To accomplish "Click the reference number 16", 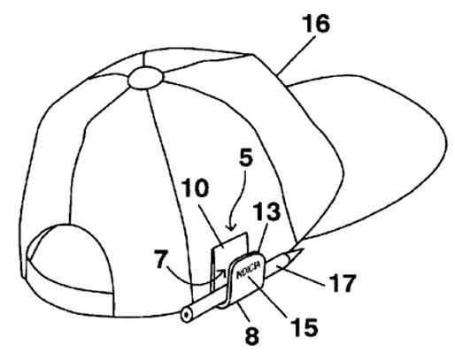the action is pyautogui.click(x=317, y=24).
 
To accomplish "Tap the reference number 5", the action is pyautogui.click(x=246, y=157).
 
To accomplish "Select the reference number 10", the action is pyautogui.click(x=195, y=188).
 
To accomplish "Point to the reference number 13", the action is pyautogui.click(x=267, y=211).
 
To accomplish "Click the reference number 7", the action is pyautogui.click(x=161, y=259).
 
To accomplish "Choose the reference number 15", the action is pyautogui.click(x=305, y=327).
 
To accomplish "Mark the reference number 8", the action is pyautogui.click(x=251, y=335).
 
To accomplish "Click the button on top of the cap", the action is pyautogui.click(x=145, y=78).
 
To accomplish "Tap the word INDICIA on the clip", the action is pyautogui.click(x=249, y=270).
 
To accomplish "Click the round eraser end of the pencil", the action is pyautogui.click(x=187, y=315).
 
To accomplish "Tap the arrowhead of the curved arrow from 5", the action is pyautogui.click(x=231, y=227).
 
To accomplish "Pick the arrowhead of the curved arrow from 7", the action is pyautogui.click(x=221, y=272).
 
